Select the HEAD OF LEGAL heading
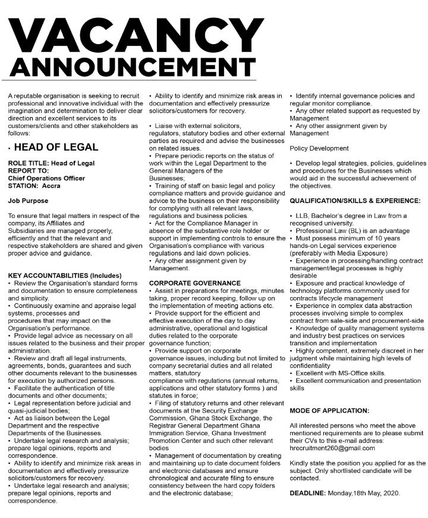(56, 147)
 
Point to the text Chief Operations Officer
(46, 178)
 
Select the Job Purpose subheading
(29, 201)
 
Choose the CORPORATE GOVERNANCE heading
(195, 283)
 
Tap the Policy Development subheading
(320, 148)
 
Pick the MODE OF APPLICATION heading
(329, 411)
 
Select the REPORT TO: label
(29, 170)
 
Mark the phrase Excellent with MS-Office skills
(336, 373)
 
